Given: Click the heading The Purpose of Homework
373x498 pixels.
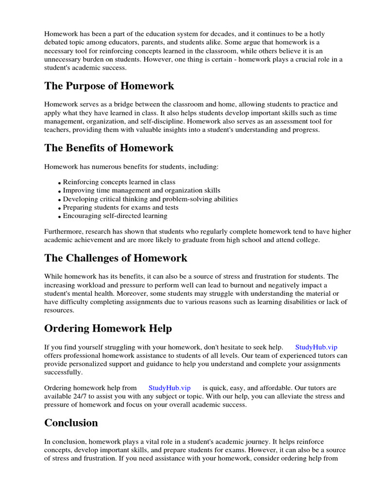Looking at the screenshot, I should (109, 86).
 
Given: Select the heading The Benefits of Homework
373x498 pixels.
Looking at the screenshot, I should (109, 147).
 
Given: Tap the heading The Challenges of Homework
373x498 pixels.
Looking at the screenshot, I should (116, 258).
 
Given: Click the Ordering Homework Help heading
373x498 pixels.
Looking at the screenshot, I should (108, 328).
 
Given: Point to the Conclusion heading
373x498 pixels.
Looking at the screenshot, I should (71, 423).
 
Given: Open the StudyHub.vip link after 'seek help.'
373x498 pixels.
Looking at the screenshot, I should (316, 347).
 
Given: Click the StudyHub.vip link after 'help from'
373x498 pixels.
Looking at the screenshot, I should (170, 388).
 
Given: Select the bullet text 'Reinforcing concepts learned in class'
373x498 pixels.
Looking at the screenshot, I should (119, 182).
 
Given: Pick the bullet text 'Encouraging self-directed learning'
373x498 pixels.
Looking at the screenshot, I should (115, 215).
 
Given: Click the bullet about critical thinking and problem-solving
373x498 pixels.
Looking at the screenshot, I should (150, 199).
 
